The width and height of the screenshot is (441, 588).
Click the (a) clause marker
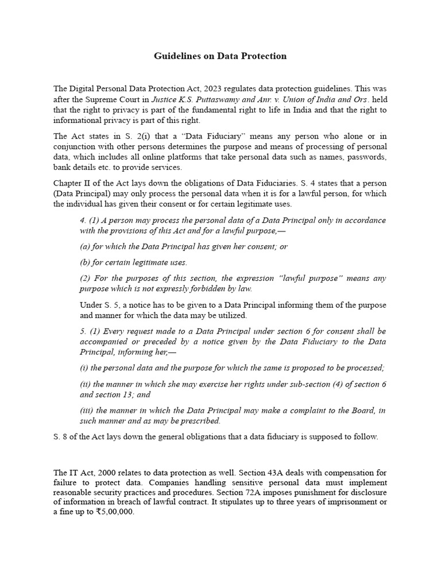click(x=85, y=246)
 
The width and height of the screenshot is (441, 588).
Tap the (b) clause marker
click(x=85, y=262)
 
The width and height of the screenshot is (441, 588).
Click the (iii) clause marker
click(x=87, y=410)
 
